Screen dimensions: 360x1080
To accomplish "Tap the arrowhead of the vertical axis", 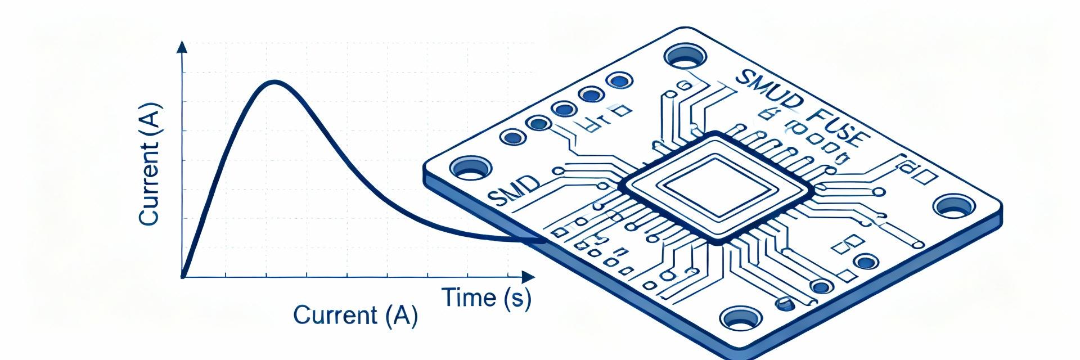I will pyautogui.click(x=182, y=46).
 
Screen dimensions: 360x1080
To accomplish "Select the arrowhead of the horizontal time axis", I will pyautogui.click(x=529, y=277).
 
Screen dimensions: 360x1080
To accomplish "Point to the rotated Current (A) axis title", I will pyautogui.click(x=150, y=164).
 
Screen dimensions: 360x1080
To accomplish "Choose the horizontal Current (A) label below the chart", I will pyautogui.click(x=355, y=315).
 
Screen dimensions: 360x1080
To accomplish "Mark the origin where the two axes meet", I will pyautogui.click(x=183, y=276).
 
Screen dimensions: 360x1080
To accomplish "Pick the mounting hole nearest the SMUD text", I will pyautogui.click(x=686, y=56).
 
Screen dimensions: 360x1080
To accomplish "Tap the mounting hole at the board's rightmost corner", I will pyautogui.click(x=953, y=206).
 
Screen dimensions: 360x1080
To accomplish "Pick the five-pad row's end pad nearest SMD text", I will pyautogui.click(x=513, y=136).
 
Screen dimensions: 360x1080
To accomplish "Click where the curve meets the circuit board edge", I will pyautogui.click(x=543, y=241).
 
